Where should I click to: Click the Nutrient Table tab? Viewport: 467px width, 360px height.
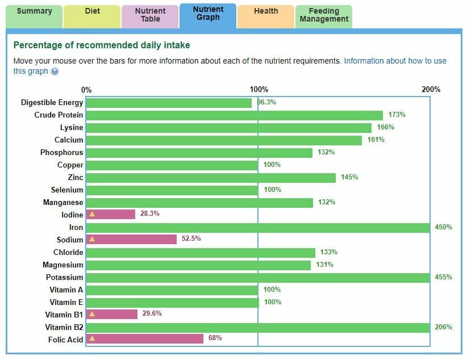[150, 15]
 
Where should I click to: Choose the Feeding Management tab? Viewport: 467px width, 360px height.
[323, 15]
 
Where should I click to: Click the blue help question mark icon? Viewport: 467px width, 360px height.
[55, 72]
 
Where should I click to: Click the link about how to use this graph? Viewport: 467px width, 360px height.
[395, 61]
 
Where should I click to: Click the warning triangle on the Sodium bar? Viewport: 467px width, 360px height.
[92, 239]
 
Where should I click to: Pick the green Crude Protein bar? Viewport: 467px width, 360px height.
[235, 115]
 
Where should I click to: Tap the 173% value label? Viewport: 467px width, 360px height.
[397, 115]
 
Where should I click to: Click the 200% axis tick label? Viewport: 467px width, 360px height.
[431, 89]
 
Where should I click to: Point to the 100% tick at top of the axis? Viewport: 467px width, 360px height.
[259, 89]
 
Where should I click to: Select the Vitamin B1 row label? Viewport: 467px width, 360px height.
[64, 314]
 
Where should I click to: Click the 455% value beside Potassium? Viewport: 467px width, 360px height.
[444, 277]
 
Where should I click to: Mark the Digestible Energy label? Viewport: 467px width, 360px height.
[52, 103]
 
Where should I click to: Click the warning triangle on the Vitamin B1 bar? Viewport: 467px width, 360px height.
[92, 314]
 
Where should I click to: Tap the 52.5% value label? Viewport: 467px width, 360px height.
[191, 238]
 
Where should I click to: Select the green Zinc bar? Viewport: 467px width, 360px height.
[211, 178]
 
